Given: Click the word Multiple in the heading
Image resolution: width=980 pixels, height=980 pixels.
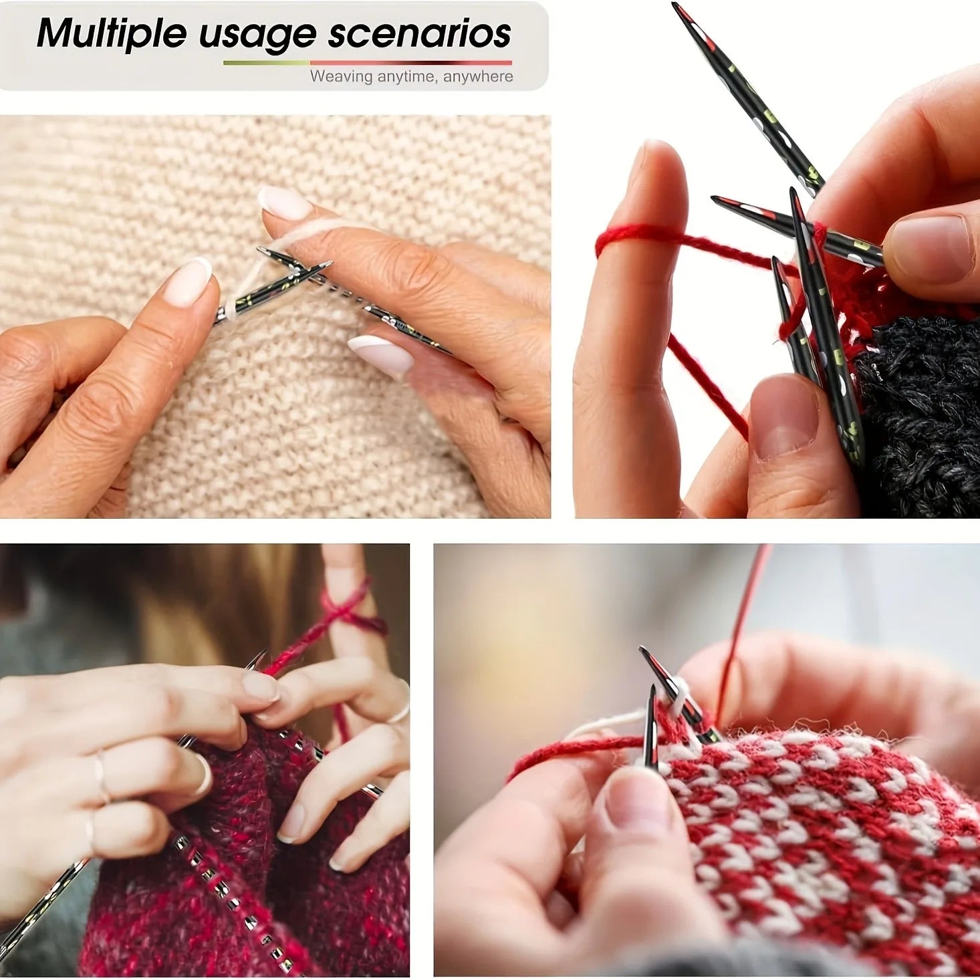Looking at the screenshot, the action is pyautogui.click(x=112, y=34).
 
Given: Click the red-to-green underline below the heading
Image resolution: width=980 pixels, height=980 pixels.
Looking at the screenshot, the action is pyautogui.click(x=367, y=63).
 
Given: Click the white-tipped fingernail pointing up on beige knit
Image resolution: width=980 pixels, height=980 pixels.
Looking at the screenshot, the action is pyautogui.click(x=285, y=203).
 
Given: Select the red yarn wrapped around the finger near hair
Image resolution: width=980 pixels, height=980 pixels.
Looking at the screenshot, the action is pyautogui.click(x=356, y=610).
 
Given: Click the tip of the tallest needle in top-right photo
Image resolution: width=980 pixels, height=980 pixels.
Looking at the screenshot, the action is pyautogui.click(x=675, y=5).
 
